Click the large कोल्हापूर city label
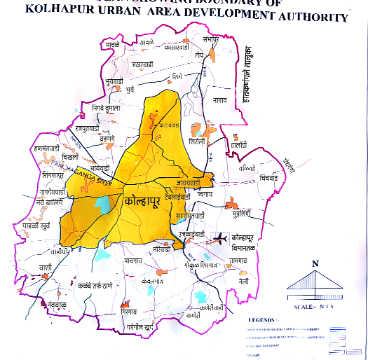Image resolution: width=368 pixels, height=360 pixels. (143, 202)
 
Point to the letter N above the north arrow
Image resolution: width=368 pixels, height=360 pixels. (315, 263)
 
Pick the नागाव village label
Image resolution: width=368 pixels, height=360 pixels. (222, 101)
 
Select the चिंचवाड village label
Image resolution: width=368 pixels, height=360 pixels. (273, 179)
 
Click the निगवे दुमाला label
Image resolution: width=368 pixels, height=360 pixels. (103, 108)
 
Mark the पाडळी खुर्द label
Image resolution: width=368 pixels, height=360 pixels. (36, 227)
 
